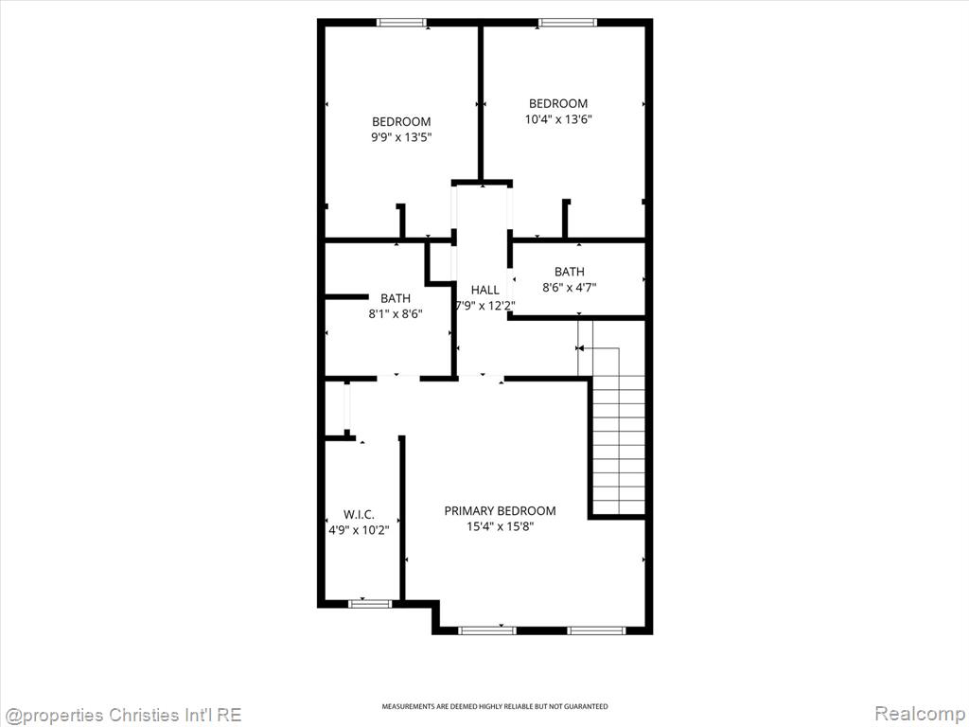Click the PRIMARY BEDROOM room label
500,510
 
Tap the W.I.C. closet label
359,514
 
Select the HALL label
485,290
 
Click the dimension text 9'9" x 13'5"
401,137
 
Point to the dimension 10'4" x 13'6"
558,119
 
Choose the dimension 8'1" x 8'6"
396,313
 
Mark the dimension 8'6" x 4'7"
569,287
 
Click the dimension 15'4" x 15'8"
500,526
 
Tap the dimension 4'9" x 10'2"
359,530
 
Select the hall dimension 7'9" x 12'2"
485,306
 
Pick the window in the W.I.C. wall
370,603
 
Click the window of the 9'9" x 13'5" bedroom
401,23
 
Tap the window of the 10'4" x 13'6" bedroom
568,23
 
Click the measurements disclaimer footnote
494,706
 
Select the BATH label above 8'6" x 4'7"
569,272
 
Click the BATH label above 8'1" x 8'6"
396,298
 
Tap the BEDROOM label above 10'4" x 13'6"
558,103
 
